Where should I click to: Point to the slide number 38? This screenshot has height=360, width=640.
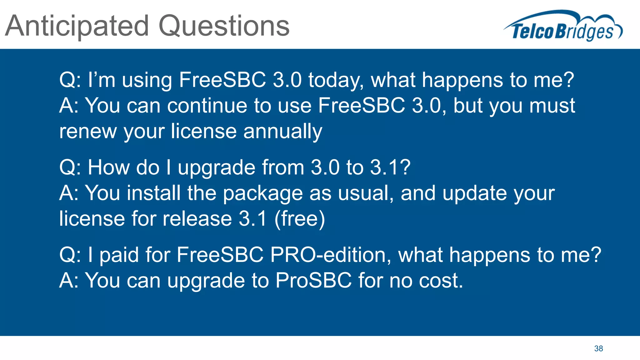[x=598, y=348]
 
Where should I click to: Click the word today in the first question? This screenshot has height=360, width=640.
[x=336, y=80]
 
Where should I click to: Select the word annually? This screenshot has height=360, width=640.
[x=282, y=132]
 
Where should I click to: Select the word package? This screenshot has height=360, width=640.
[x=262, y=193]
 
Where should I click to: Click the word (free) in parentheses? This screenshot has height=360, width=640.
[x=299, y=219]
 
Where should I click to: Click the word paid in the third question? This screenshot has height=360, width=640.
[x=119, y=255]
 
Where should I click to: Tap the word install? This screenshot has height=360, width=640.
[x=153, y=193]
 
